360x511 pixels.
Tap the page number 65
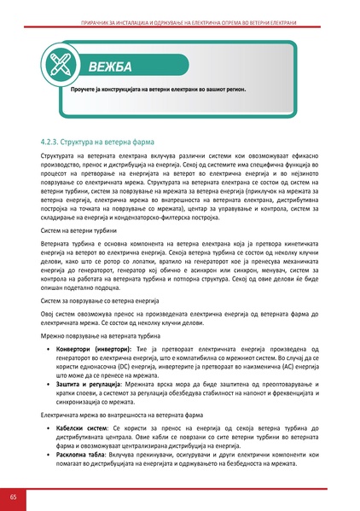point(12,497)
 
